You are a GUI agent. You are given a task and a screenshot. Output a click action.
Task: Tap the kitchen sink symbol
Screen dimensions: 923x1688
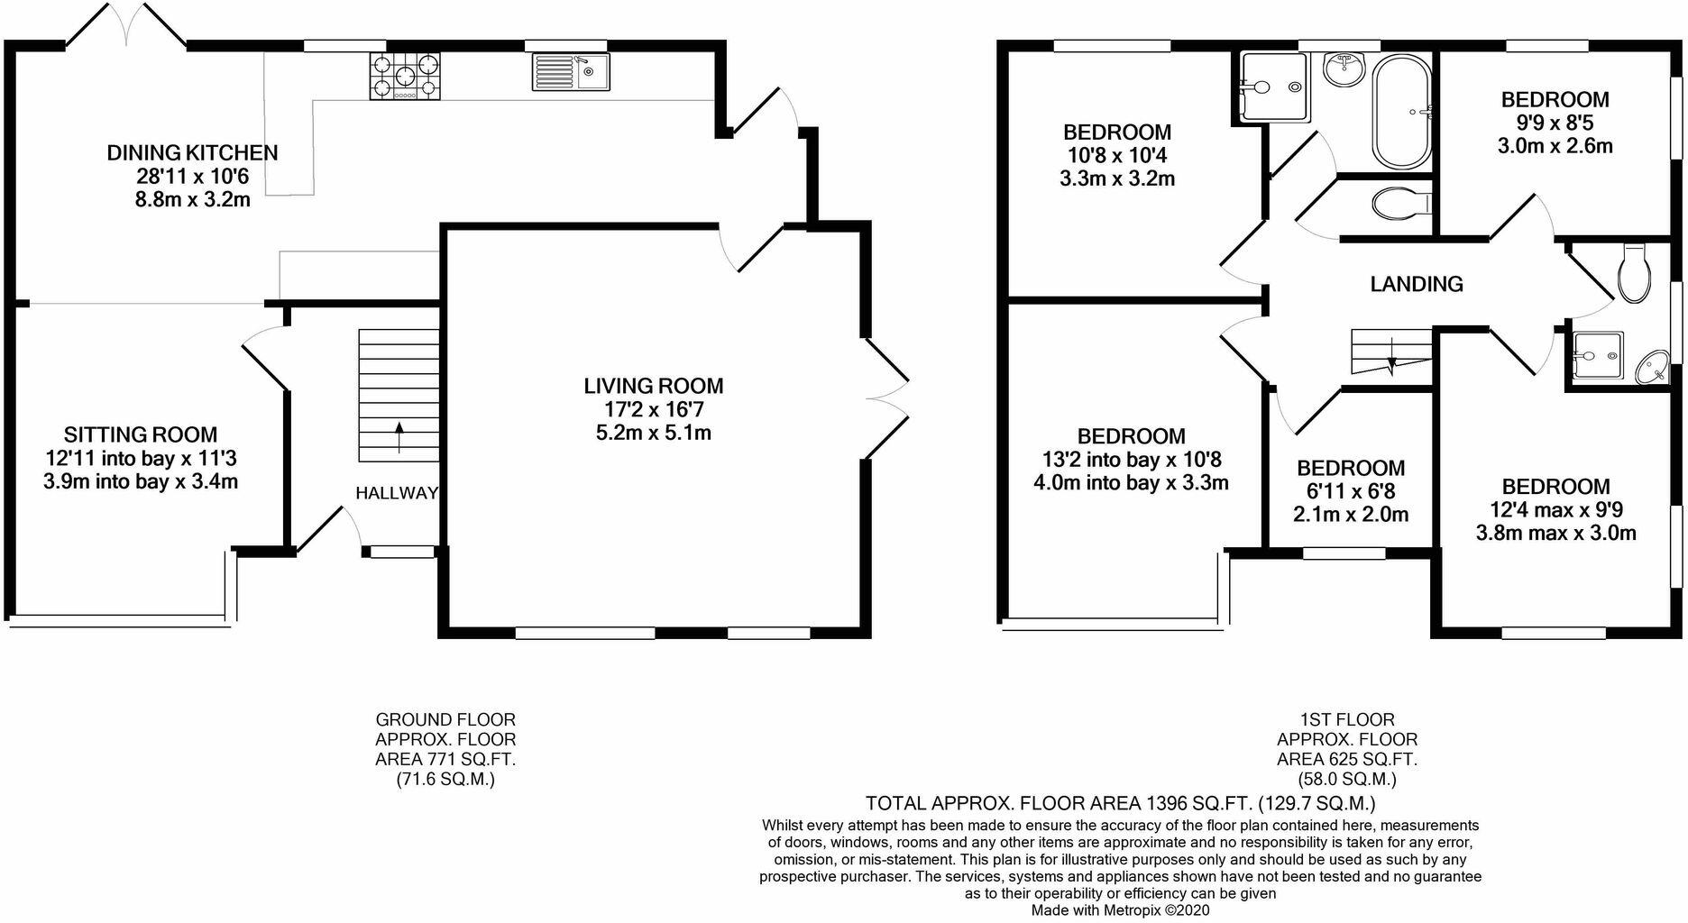tap(570, 72)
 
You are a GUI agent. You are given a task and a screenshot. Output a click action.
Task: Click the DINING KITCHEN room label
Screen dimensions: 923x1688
tap(192, 153)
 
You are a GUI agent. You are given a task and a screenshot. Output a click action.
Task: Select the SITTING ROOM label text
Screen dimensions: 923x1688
tap(141, 435)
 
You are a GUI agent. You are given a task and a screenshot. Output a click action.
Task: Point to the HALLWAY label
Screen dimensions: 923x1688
tap(396, 493)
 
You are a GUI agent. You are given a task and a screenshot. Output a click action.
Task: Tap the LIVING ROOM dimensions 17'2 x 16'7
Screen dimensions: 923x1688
tap(653, 409)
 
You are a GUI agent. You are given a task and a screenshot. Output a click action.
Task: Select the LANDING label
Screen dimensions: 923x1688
tap(1416, 285)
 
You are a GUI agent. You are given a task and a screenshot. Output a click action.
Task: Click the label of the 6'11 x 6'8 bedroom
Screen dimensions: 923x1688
tap(1350, 469)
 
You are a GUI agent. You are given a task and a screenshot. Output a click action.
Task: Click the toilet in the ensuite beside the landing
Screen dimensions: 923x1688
tap(1633, 273)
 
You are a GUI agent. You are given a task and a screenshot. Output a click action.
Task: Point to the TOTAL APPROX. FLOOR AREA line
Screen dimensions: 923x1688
tap(1120, 803)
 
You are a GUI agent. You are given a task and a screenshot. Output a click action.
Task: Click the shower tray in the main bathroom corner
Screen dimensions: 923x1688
tap(1273, 87)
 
